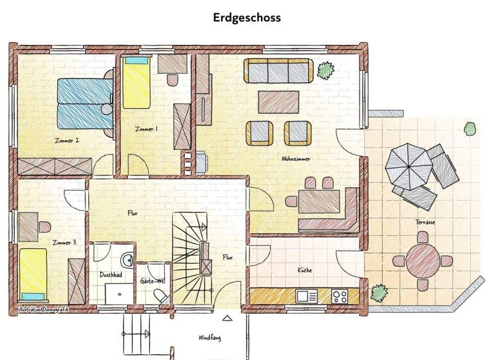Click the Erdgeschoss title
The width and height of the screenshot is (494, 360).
click(x=247, y=17)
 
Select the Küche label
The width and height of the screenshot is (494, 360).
click(x=305, y=271)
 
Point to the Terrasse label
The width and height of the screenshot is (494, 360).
click(x=425, y=222)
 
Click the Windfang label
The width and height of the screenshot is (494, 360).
click(x=210, y=337)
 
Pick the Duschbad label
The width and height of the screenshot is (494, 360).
click(x=111, y=274)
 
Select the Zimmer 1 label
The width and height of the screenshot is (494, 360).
click(x=146, y=129)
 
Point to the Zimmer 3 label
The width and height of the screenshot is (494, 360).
click(x=66, y=242)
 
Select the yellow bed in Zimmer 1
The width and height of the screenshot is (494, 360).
click(x=136, y=84)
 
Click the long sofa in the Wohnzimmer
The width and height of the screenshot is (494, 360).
click(x=278, y=71)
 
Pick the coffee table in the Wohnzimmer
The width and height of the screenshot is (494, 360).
click(x=279, y=101)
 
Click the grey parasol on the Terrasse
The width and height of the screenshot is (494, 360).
click(x=407, y=163)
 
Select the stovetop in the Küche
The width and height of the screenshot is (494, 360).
click(x=340, y=296)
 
